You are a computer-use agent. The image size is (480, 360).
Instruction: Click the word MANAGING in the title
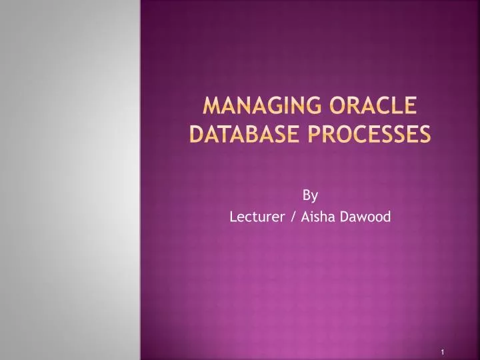click(x=257, y=107)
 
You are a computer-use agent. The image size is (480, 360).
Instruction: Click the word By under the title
click(x=310, y=195)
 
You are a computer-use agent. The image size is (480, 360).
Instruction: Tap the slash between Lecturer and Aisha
click(x=285, y=217)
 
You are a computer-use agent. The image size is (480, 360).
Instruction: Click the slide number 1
click(x=442, y=351)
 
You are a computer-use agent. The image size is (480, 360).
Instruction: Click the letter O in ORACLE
click(x=335, y=107)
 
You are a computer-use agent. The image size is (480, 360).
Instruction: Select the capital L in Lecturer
click(x=233, y=217)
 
